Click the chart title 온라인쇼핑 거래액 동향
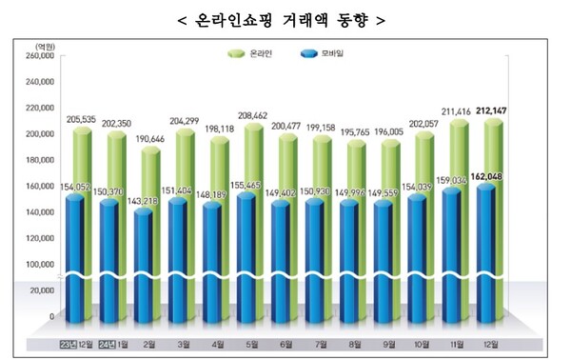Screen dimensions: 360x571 [x=286, y=18]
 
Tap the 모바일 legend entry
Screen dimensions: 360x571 [x=323, y=53]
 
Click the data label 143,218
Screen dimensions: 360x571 [x=145, y=203]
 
